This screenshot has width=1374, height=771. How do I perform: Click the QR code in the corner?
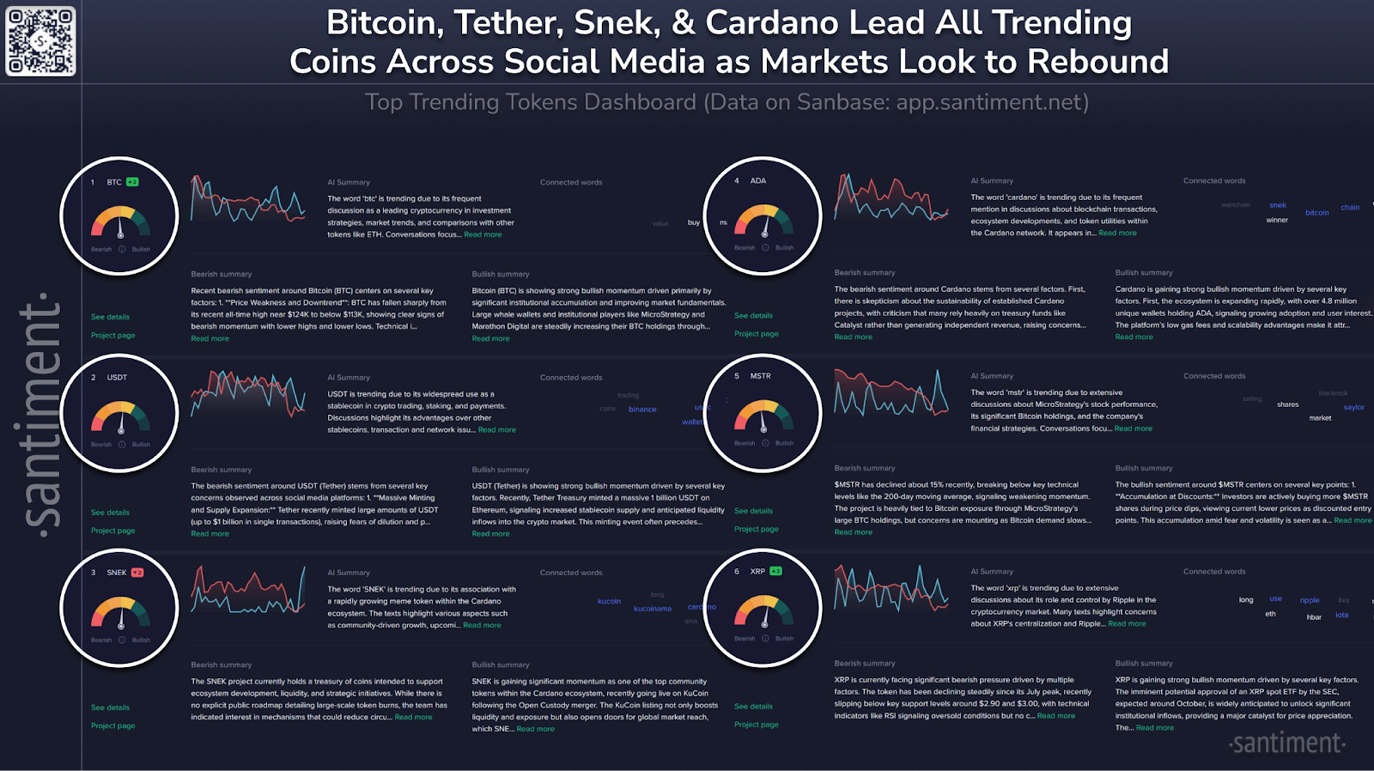click(40, 40)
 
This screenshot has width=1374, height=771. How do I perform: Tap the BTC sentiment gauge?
click(120, 222)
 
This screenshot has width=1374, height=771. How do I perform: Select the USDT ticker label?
click(117, 378)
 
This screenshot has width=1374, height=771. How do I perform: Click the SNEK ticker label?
click(117, 573)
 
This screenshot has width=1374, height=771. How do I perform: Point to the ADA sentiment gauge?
click(763, 221)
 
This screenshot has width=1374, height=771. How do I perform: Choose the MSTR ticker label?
click(760, 376)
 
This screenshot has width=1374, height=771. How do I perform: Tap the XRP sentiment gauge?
click(763, 611)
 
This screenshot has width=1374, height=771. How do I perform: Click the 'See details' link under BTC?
click(110, 317)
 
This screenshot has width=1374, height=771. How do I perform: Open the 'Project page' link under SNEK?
click(113, 725)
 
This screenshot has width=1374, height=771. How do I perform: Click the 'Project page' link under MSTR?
click(757, 529)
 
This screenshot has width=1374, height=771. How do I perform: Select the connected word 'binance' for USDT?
click(642, 410)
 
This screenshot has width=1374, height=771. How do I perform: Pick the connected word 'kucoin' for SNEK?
click(609, 601)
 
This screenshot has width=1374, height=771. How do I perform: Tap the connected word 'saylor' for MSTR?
click(1354, 407)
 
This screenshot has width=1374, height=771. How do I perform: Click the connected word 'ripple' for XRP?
click(1310, 600)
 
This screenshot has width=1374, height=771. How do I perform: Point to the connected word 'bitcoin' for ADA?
click(1316, 212)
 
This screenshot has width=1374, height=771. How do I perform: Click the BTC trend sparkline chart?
click(248, 199)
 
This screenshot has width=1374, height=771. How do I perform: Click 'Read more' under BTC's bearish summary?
click(210, 338)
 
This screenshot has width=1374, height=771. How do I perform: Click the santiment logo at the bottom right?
click(1286, 743)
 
